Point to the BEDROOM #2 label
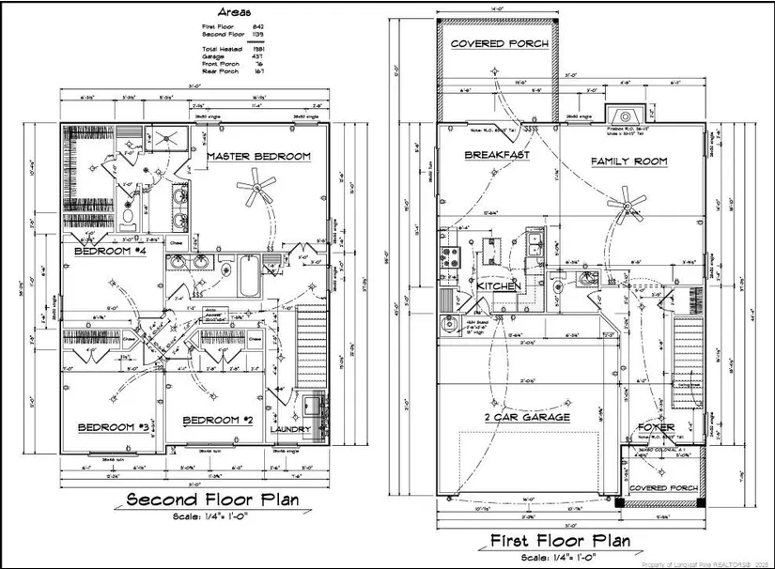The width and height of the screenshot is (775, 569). [218, 420]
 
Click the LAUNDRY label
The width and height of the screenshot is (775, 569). [290, 430]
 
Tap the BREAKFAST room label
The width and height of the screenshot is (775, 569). [497, 155]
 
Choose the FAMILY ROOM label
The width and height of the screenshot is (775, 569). [628, 161]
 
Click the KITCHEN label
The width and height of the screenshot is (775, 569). [500, 285]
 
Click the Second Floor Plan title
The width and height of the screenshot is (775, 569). [213, 500]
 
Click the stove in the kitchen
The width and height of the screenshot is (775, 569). [446, 254]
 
